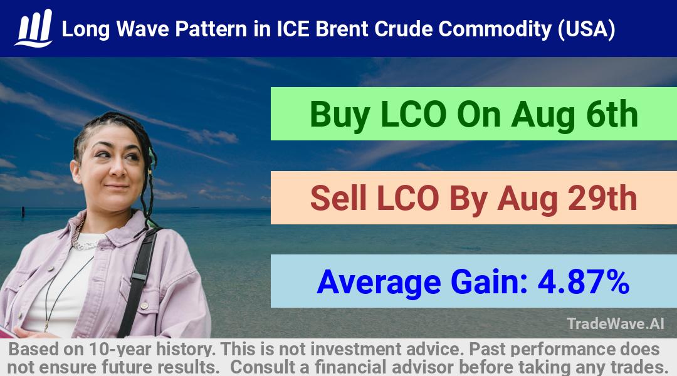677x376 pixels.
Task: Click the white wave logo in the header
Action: (34, 28)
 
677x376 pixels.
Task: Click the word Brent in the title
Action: (341, 29)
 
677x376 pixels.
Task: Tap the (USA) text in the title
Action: (586, 29)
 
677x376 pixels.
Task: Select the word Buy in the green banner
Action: (339, 115)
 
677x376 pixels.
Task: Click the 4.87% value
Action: (584, 281)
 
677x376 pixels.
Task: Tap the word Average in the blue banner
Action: (379, 283)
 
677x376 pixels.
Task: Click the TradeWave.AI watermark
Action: (616, 323)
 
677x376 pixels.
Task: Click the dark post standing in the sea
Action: (23, 212)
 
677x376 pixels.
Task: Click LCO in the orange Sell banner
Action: (408, 198)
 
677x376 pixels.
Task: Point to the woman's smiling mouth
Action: (117, 186)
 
